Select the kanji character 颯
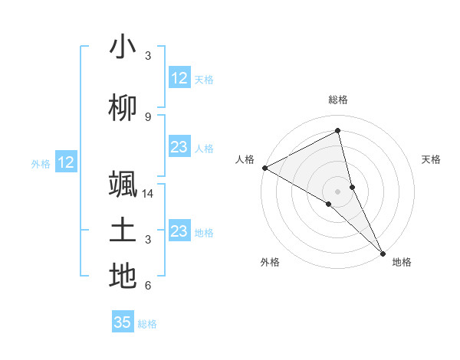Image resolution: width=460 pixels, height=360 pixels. click(x=123, y=185)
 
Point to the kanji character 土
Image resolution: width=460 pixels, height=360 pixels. click(x=123, y=231)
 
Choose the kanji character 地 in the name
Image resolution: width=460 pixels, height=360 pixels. click(x=123, y=277)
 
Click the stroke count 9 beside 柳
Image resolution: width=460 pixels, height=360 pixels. click(x=147, y=116)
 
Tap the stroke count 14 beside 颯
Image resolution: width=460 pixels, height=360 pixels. click(x=149, y=193)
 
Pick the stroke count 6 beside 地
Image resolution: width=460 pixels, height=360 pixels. click(x=147, y=286)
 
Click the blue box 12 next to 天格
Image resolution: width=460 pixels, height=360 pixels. click(x=179, y=78)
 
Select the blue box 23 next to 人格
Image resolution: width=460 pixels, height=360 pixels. click(x=179, y=147)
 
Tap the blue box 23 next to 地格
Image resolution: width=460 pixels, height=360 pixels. click(x=179, y=231)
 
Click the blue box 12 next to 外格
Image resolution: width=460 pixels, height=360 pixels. click(x=66, y=162)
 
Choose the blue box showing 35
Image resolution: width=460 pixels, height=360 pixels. click(x=123, y=322)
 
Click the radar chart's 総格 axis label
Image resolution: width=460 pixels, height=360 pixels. click(x=338, y=100)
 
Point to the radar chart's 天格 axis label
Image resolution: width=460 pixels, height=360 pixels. click(x=432, y=159)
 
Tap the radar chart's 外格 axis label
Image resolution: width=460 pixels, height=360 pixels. click(x=270, y=262)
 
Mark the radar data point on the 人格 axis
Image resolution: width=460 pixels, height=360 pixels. click(x=264, y=168)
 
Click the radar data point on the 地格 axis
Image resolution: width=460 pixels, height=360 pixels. click(x=383, y=252)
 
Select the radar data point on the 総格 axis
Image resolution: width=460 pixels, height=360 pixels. click(x=338, y=131)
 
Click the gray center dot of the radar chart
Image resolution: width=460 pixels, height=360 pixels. click(x=338, y=191)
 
